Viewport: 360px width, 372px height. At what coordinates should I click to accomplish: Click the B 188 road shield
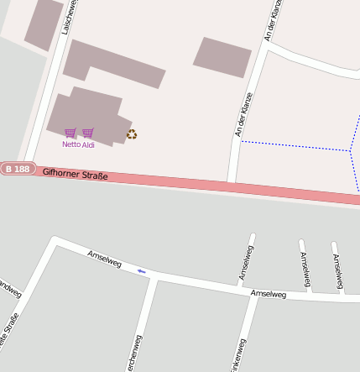click(17, 169)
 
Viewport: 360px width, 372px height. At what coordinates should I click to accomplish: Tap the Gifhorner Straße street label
click(76, 174)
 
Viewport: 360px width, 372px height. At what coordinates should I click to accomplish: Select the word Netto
click(70, 144)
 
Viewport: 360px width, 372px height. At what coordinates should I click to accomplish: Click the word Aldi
click(88, 144)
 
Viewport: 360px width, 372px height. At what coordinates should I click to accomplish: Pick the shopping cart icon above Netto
click(70, 133)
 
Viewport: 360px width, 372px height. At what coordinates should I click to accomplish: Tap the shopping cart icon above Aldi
click(88, 133)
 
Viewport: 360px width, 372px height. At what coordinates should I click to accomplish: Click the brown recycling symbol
click(132, 134)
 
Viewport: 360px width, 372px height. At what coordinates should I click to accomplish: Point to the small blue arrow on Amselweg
click(142, 270)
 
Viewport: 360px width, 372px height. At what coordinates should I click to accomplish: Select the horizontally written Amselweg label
click(269, 294)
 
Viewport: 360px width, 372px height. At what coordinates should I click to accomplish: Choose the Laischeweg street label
click(68, 17)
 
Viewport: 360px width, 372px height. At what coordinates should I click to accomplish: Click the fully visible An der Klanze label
click(244, 114)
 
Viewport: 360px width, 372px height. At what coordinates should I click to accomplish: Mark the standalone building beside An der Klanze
click(222, 57)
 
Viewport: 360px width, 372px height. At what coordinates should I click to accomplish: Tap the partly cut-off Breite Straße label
click(8, 332)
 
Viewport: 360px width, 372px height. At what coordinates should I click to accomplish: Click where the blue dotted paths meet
click(349, 150)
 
